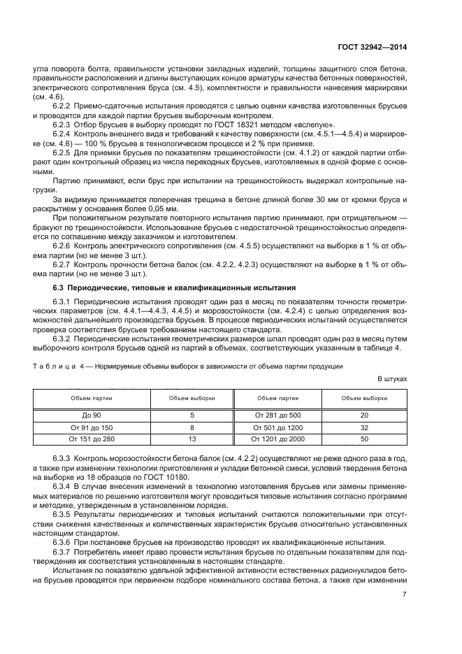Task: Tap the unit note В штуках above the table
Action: tap(392, 378)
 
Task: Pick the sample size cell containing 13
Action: tap(192, 439)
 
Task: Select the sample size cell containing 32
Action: tap(364, 427)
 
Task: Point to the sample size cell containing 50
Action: tap(364, 439)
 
